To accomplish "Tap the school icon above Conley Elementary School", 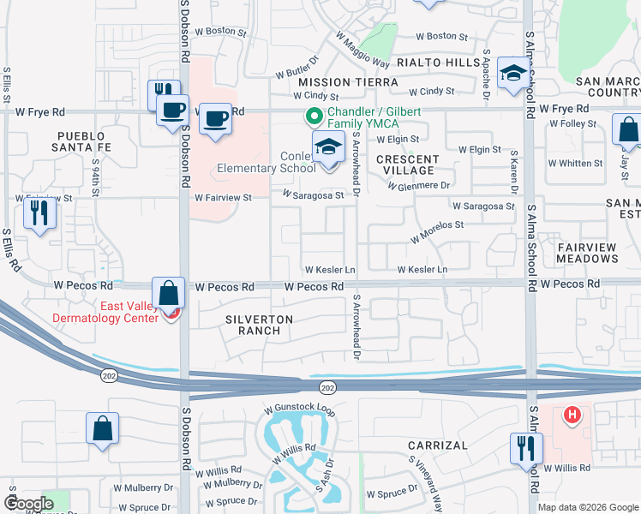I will (x=327, y=148).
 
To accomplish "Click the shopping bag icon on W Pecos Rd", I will (x=169, y=292).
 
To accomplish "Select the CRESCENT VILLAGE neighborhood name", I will (x=407, y=165).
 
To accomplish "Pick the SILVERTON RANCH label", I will (x=259, y=326).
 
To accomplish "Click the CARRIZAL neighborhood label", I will (x=437, y=445).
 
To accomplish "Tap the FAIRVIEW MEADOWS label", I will (x=587, y=253).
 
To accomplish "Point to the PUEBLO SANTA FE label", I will (x=84, y=142).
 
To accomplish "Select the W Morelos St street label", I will (x=437, y=230).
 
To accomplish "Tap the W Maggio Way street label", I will (x=362, y=51).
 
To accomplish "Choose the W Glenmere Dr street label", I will (x=419, y=185).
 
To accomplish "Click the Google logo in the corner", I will (x=29, y=504).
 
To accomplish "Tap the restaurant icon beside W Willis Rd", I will (x=524, y=448).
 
